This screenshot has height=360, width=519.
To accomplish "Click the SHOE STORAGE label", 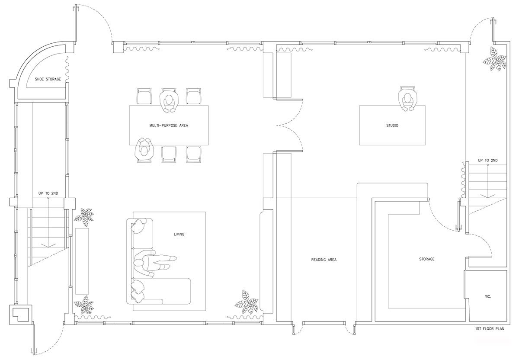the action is [x=48, y=79].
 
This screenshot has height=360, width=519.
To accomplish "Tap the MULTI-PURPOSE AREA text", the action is [x=169, y=125].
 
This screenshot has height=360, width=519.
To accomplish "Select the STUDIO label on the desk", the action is [x=392, y=125].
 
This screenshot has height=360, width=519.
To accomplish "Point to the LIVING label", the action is [x=179, y=234].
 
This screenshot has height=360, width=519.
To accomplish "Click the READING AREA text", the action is [x=324, y=260].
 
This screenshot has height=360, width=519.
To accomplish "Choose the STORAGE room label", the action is [x=426, y=259].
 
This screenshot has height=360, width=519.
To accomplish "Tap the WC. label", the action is [x=488, y=296].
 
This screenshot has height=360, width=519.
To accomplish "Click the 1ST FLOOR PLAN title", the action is [x=490, y=328].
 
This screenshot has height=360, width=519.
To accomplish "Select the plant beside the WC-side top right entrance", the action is [x=495, y=58].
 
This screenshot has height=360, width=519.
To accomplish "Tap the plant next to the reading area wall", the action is [x=247, y=302].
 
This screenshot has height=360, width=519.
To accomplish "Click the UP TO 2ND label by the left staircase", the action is [x=48, y=193].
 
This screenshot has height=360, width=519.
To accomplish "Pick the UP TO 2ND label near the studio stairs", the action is [x=488, y=160].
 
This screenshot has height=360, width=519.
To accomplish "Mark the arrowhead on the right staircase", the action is [x=488, y=196].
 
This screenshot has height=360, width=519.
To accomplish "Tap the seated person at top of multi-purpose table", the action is [x=169, y=101].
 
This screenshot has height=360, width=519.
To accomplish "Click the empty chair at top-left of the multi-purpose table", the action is [x=144, y=96].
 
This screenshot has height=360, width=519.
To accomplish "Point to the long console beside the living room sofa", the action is [x=82, y=261].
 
